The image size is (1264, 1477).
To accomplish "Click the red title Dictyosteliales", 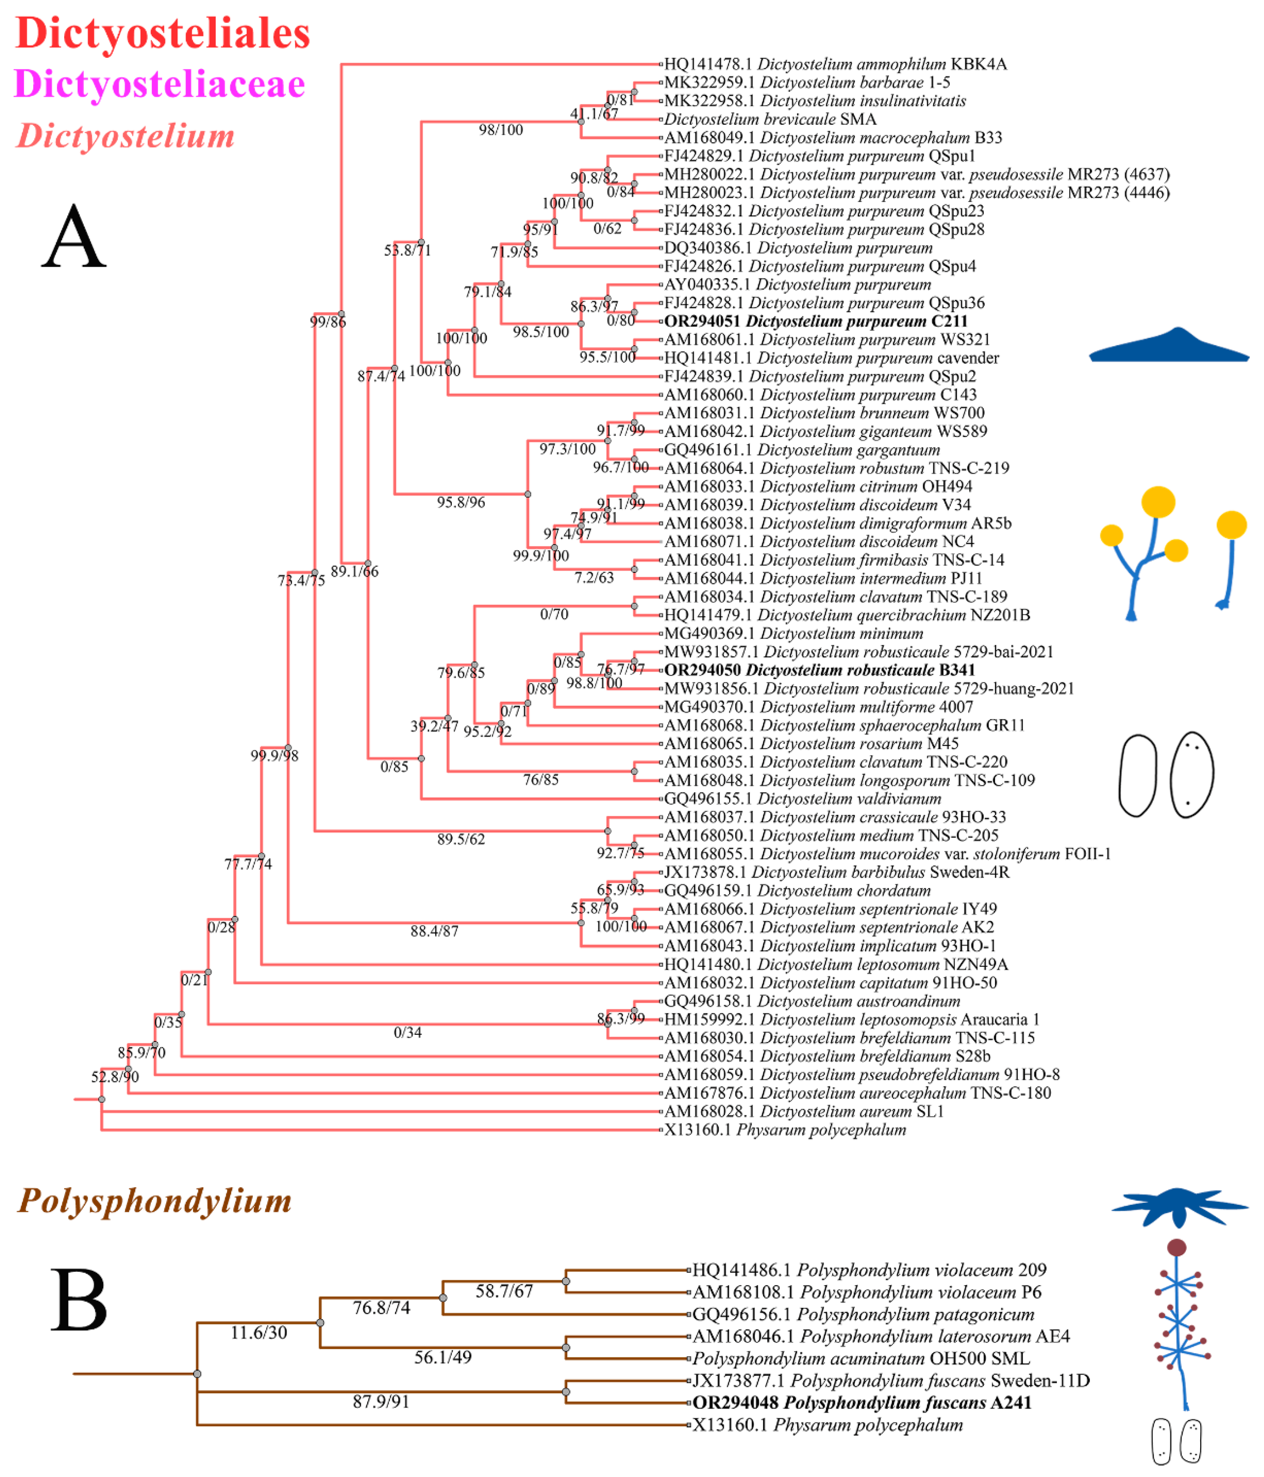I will [162, 34].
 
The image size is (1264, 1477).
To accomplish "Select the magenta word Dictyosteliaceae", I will [160, 84].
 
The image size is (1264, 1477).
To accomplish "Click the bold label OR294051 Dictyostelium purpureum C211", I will [816, 321].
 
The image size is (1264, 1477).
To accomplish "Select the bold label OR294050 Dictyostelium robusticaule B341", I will [819, 670].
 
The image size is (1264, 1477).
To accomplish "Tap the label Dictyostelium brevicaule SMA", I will [770, 119].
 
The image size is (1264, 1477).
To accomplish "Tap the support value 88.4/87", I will [434, 931].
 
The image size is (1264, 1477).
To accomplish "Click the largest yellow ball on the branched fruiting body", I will [1158, 502].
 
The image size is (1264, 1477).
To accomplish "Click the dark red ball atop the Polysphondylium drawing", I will [1176, 1247].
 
